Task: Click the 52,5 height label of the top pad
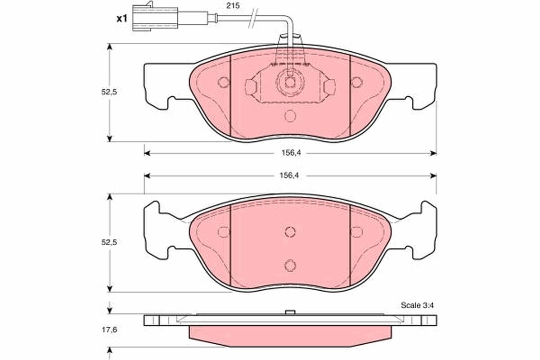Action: tap(109, 92)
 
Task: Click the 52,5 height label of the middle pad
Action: tap(109, 242)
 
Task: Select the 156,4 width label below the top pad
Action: tap(290, 153)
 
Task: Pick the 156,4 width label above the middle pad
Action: tap(290, 175)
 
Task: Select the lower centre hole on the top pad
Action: tap(290, 116)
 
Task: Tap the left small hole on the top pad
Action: tap(223, 82)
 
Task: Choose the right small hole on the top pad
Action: tap(356, 82)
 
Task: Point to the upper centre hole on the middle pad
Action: tap(290, 231)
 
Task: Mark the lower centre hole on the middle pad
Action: tap(290, 265)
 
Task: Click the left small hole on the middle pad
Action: tap(223, 232)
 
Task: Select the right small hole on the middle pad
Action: tap(356, 232)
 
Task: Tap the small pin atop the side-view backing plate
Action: tap(290, 312)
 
